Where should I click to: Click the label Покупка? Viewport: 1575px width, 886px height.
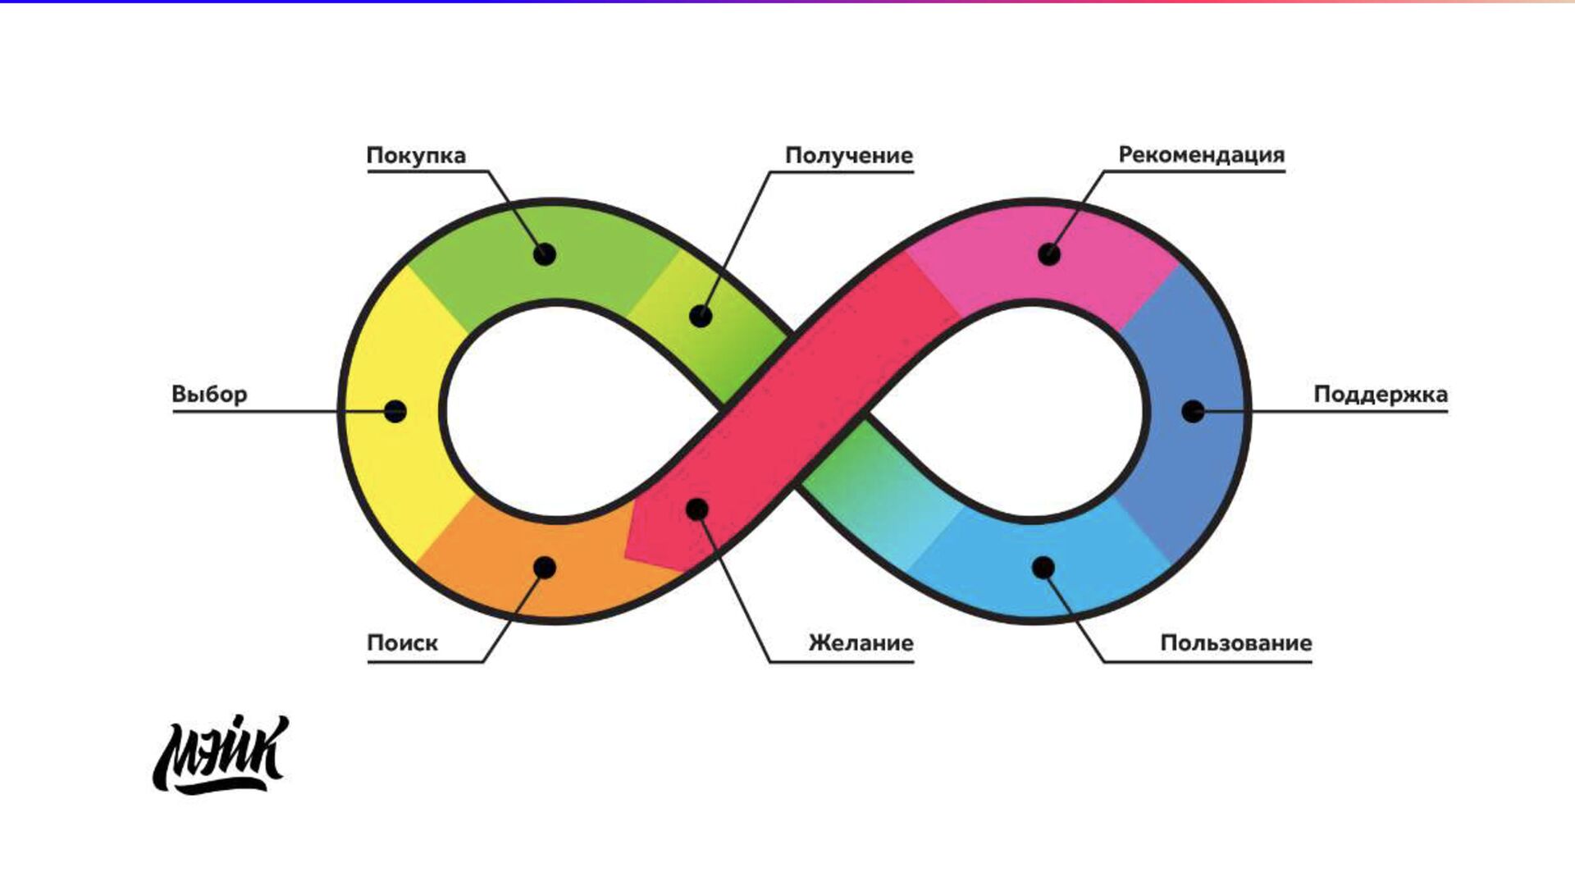(416, 156)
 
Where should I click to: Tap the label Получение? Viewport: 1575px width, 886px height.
(849, 156)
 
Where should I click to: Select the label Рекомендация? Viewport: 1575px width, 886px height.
(1201, 155)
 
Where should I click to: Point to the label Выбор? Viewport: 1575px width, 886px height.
(209, 395)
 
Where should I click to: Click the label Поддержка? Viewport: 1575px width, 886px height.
(1381, 395)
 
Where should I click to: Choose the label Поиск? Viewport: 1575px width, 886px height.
(402, 643)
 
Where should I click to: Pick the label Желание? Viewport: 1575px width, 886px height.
(861, 643)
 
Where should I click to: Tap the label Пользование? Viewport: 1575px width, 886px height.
(1235, 643)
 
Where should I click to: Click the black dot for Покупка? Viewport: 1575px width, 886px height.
(545, 254)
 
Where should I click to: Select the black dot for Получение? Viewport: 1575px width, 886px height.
(700, 316)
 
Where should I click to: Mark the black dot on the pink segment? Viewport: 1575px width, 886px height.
(1049, 254)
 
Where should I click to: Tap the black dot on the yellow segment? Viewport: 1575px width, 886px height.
(395, 411)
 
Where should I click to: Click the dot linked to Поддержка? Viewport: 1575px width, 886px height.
(1193, 411)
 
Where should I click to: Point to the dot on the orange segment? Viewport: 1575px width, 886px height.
(545, 567)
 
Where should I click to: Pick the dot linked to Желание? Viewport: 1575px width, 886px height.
(696, 510)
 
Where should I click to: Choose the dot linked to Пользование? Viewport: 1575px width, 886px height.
(1043, 567)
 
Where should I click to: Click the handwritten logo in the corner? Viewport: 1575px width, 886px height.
(221, 755)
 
